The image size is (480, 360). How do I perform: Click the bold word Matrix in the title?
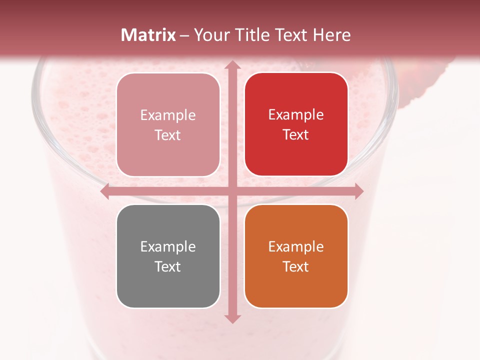click(148, 35)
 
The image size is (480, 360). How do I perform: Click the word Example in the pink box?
click(168, 115)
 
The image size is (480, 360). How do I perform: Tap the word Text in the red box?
click(296, 135)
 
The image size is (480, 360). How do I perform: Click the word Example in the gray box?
click(168, 247)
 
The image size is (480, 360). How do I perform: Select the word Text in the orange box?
click(296, 266)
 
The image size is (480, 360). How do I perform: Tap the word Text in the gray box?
click(168, 266)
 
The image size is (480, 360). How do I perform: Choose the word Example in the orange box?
click(296, 247)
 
